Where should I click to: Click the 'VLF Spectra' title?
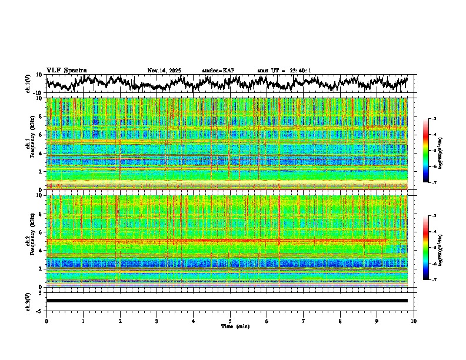[x=66, y=70]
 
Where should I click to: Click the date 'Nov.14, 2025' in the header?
[x=164, y=71]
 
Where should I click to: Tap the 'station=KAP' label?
[x=218, y=71]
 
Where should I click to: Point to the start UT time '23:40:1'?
[x=300, y=71]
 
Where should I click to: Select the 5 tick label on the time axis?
[x=230, y=321]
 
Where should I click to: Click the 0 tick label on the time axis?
[x=46, y=321]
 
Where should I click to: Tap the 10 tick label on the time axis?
[x=414, y=321]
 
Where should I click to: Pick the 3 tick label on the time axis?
[x=157, y=321]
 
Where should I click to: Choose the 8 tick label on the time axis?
[x=340, y=321]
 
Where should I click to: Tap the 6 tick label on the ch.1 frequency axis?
[x=41, y=135]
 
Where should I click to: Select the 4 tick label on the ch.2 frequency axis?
[x=41, y=250]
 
